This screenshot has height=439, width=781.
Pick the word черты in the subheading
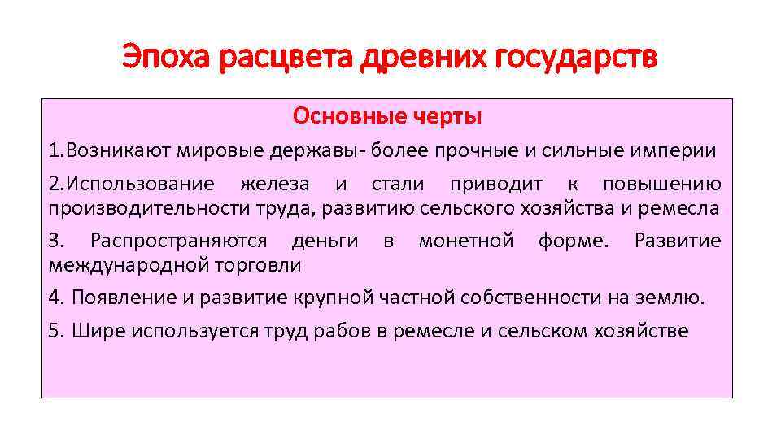pos(445,117)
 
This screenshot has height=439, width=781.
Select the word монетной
pos(465,241)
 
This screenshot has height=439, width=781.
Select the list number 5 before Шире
pos(54,332)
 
